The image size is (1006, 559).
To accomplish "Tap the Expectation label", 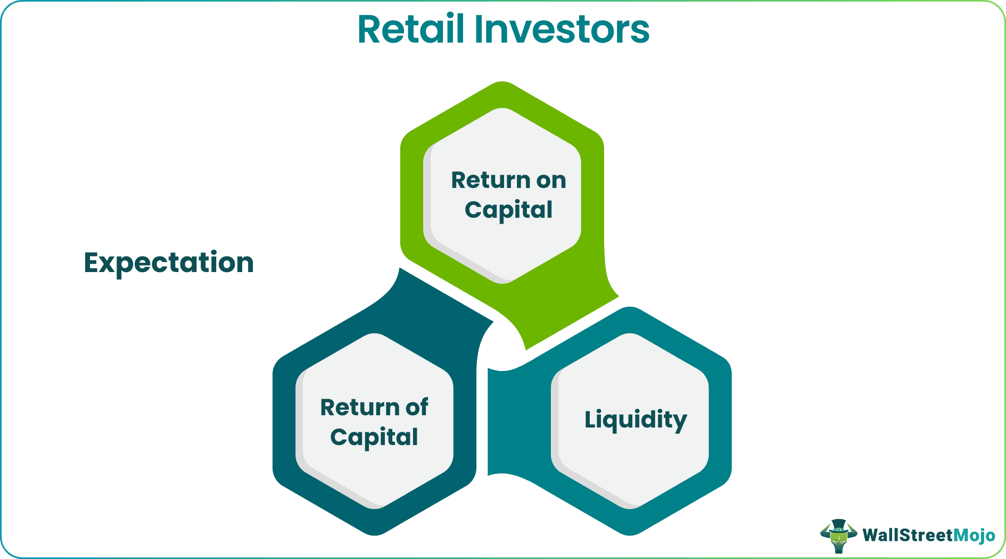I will pos(169,262).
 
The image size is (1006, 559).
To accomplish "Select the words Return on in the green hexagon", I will pos(508,180).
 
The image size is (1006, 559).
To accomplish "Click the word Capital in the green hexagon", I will pos(508,210).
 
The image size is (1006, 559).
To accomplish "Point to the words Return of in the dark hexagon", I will pos(374,407).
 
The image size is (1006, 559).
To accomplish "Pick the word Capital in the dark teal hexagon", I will pos(374,437).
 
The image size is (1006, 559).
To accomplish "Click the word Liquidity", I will pos(636,420).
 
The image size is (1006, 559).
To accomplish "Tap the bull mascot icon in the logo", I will pos(838,535).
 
